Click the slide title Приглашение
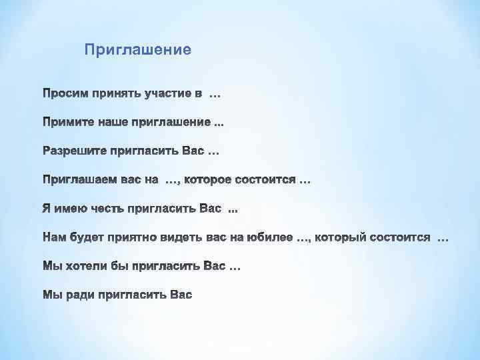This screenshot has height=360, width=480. (x=138, y=49)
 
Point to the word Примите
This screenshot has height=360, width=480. (x=65, y=123)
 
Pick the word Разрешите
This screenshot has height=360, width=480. (x=71, y=152)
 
